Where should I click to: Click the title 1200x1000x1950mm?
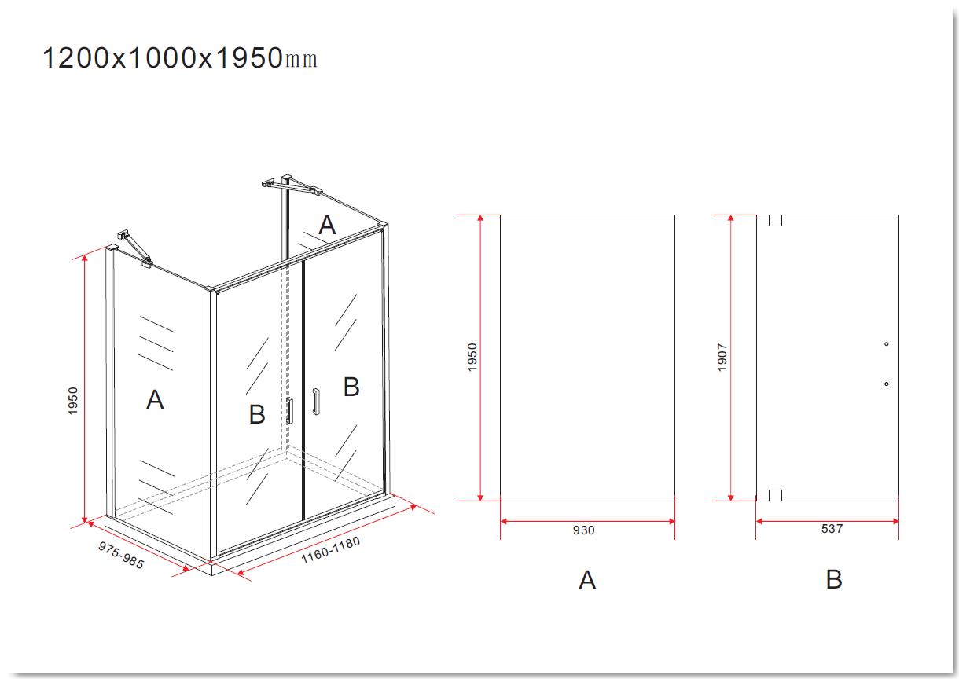tap(180, 58)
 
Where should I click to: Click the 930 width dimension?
tap(583, 530)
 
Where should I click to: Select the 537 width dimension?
tap(832, 529)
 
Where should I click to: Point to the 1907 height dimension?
tap(722, 357)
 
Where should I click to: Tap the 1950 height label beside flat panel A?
tap(472, 357)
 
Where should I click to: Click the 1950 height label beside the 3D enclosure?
tap(73, 401)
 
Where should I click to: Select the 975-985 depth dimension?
tap(121, 555)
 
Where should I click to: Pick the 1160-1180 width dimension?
tap(330, 549)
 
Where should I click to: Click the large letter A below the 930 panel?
tap(587, 581)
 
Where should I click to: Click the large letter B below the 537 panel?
tap(834, 580)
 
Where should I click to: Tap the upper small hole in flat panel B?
tap(886, 343)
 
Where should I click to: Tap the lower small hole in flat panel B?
tap(886, 384)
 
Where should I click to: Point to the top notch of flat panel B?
tap(775, 220)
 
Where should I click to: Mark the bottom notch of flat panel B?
tap(775, 495)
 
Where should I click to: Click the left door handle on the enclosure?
tap(290, 410)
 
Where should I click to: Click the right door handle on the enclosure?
tap(316, 402)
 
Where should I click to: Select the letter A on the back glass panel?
tap(328, 225)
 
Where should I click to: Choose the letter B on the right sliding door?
tap(351, 387)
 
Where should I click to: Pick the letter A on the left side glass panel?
tap(155, 399)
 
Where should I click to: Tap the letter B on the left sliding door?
tap(257, 414)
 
